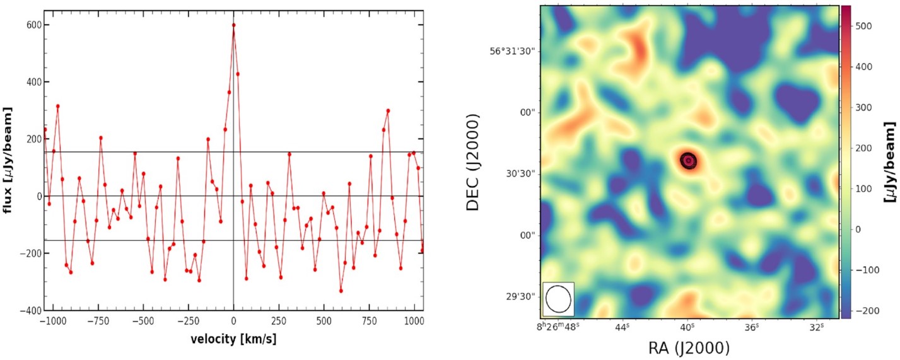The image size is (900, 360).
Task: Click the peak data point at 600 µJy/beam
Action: pos(233,25)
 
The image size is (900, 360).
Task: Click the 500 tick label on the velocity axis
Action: pos(324,320)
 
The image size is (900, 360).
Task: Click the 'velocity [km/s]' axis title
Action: pos(233,339)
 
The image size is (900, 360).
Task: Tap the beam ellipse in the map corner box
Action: pos(558,298)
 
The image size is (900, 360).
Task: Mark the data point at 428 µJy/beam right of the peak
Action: pos(238,74)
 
